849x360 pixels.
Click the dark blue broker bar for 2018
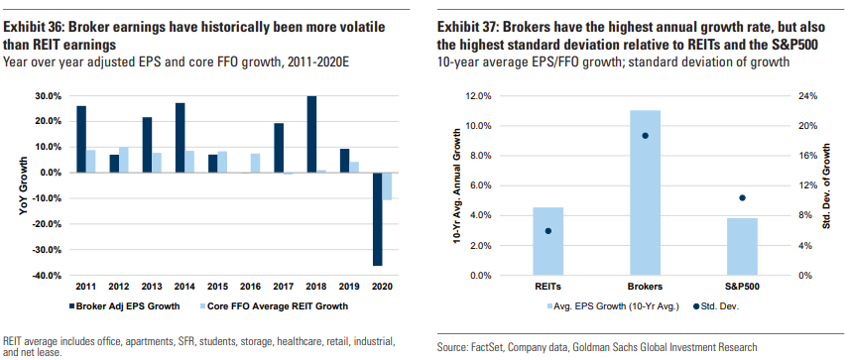[312, 134]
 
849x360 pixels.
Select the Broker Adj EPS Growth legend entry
[124, 305]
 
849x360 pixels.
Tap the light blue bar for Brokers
[645, 192]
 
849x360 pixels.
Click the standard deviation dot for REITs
[548, 231]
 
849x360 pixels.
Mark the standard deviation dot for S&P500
[742, 197]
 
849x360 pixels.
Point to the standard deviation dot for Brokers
[645, 136]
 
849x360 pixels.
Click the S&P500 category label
[742, 286]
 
